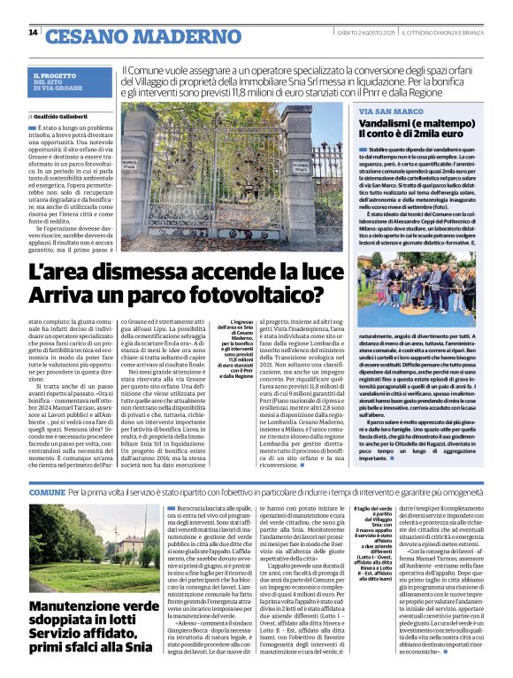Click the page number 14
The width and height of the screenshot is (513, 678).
click(33, 33)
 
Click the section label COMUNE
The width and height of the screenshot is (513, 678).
click(46, 489)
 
